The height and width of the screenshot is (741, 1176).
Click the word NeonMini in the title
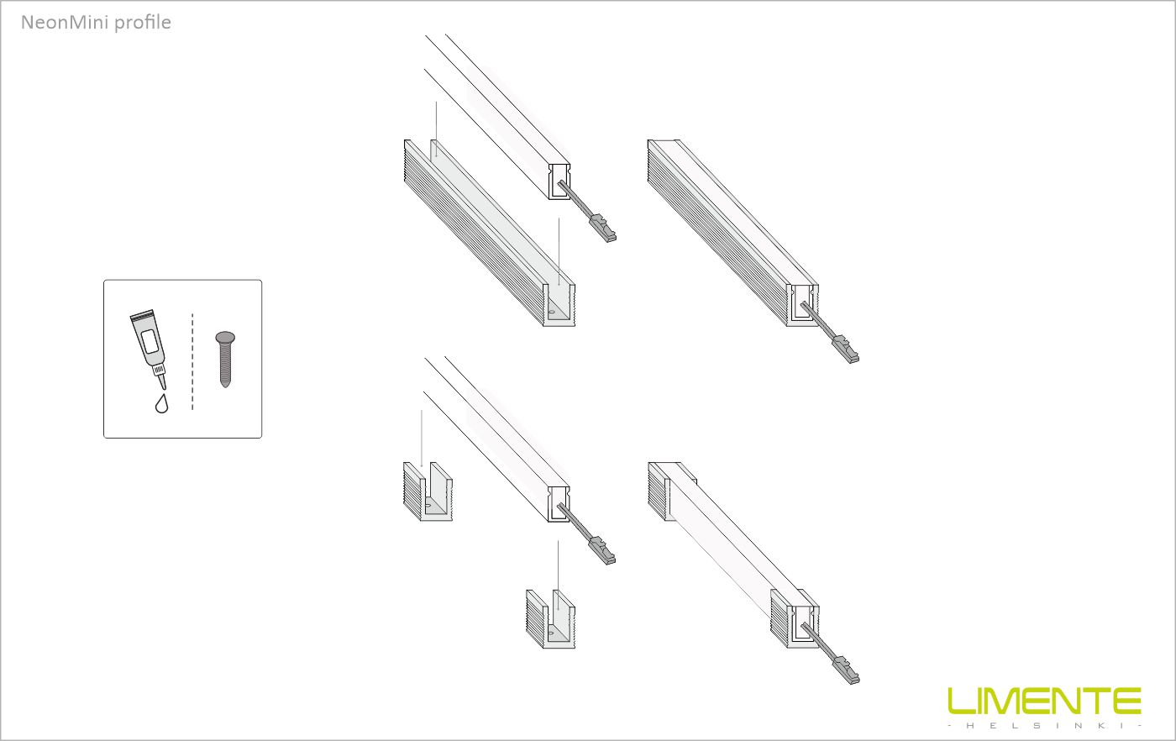pos(65,22)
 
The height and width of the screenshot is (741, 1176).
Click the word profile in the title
pos(142,23)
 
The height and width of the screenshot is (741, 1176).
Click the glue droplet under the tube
pos(161,403)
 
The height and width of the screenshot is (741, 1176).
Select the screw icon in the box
pos(225,360)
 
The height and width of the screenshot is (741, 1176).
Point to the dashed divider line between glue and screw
pos(192,362)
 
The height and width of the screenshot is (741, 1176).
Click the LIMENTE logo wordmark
pos(1044,701)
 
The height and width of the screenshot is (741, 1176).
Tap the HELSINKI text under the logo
pos(1045,726)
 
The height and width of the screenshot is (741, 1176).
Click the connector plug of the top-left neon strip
pos(603,229)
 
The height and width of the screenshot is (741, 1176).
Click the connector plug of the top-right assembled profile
pos(846,349)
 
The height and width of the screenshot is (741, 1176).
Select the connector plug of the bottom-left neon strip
pos(603,551)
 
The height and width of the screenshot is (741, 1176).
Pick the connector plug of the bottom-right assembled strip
pos(847,670)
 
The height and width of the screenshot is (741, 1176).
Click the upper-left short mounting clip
pos(428,491)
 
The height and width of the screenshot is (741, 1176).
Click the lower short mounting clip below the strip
pos(550,619)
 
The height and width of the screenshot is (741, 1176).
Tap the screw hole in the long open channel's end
pos(551,313)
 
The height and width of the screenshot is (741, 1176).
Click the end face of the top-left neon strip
pos(559,181)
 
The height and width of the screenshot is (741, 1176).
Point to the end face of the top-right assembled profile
pos(802,305)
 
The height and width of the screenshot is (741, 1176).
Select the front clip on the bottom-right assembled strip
pos(795,618)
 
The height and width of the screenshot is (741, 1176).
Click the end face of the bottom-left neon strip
pos(559,504)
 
